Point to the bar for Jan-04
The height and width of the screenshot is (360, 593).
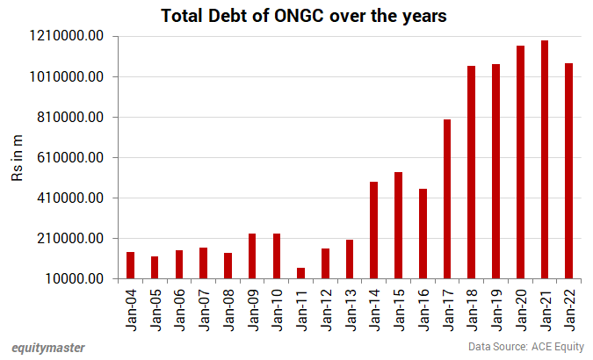(x=130, y=265)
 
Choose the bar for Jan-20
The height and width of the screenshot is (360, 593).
(x=520, y=162)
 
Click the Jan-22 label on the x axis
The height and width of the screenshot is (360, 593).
(x=569, y=309)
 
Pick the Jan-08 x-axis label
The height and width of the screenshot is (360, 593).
(x=228, y=309)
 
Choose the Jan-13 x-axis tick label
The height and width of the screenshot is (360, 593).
(x=350, y=309)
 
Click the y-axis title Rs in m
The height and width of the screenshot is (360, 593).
(x=17, y=158)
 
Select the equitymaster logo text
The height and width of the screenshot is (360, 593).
(x=48, y=348)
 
